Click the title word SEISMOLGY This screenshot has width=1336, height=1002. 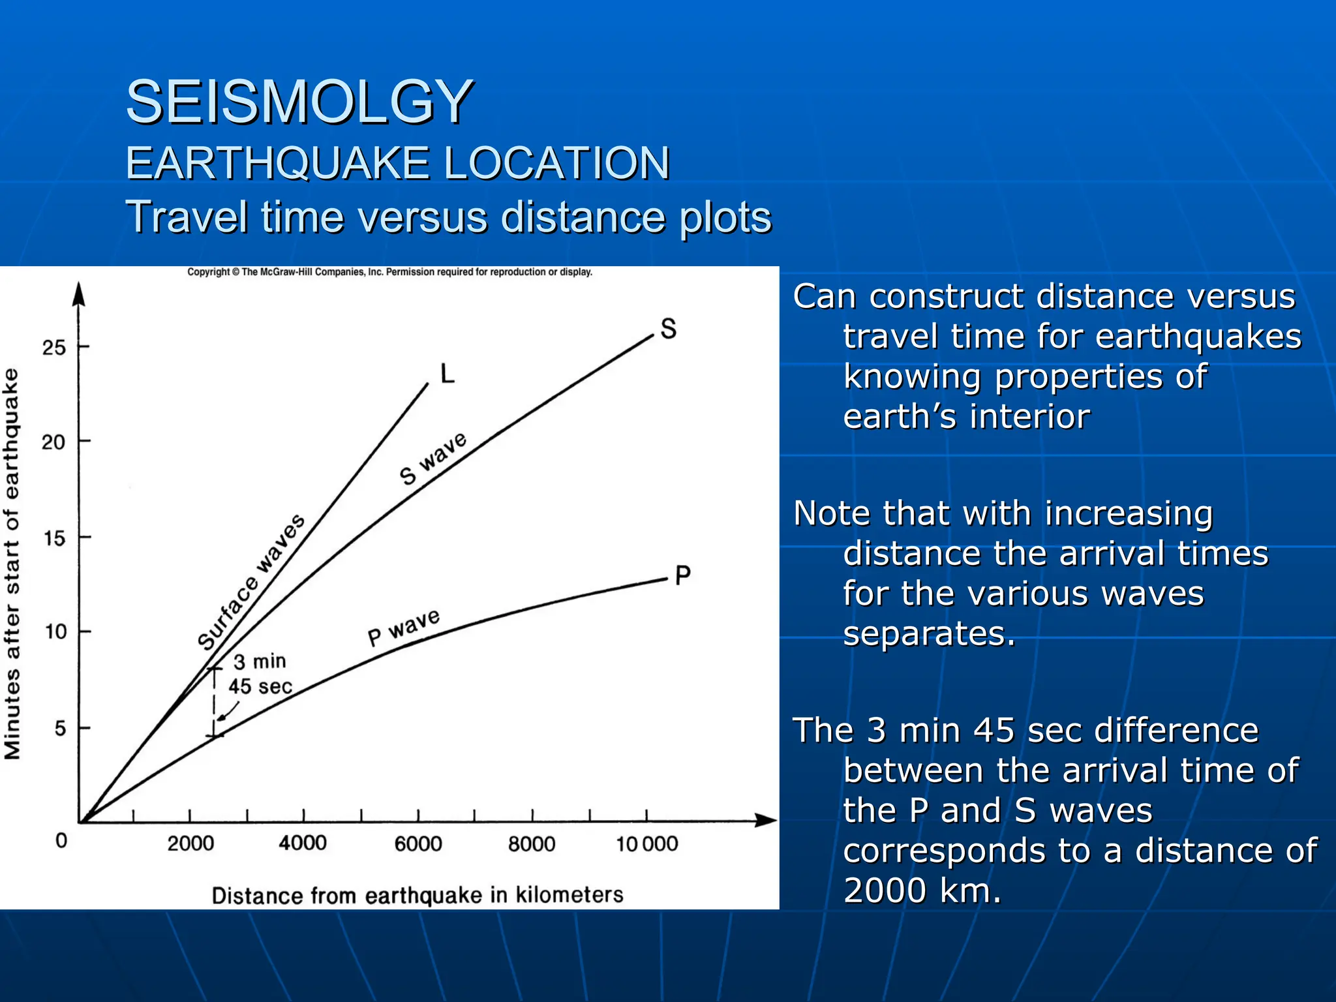pos(299,102)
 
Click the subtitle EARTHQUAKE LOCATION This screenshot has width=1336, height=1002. pos(397,163)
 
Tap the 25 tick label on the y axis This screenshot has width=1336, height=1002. pos(54,348)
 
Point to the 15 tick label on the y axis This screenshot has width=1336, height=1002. pos(54,538)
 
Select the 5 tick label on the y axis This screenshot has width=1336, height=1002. pos(60,728)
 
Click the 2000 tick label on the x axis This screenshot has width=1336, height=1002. pos(190,843)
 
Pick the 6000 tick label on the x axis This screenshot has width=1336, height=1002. pos(418,843)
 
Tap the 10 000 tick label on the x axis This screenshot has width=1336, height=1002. pos(647,843)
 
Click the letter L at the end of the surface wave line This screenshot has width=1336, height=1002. pos(447,374)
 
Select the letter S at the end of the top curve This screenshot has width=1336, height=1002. pos(668,328)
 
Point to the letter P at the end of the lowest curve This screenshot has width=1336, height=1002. pos(682,575)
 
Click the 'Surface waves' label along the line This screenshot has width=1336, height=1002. pos(251,582)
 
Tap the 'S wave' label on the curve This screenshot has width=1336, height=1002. pos(433,459)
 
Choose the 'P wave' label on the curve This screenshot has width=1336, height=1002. pos(404,627)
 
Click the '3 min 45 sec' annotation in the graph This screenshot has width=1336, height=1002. pos(260,674)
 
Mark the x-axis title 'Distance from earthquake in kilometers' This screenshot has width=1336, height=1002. pos(417,895)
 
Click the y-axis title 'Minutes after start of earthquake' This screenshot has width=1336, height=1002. pos(12,564)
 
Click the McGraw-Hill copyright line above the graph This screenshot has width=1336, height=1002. pos(389,272)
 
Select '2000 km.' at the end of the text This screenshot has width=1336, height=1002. pos(922,890)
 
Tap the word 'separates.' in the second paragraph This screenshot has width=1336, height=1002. pos(929,633)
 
